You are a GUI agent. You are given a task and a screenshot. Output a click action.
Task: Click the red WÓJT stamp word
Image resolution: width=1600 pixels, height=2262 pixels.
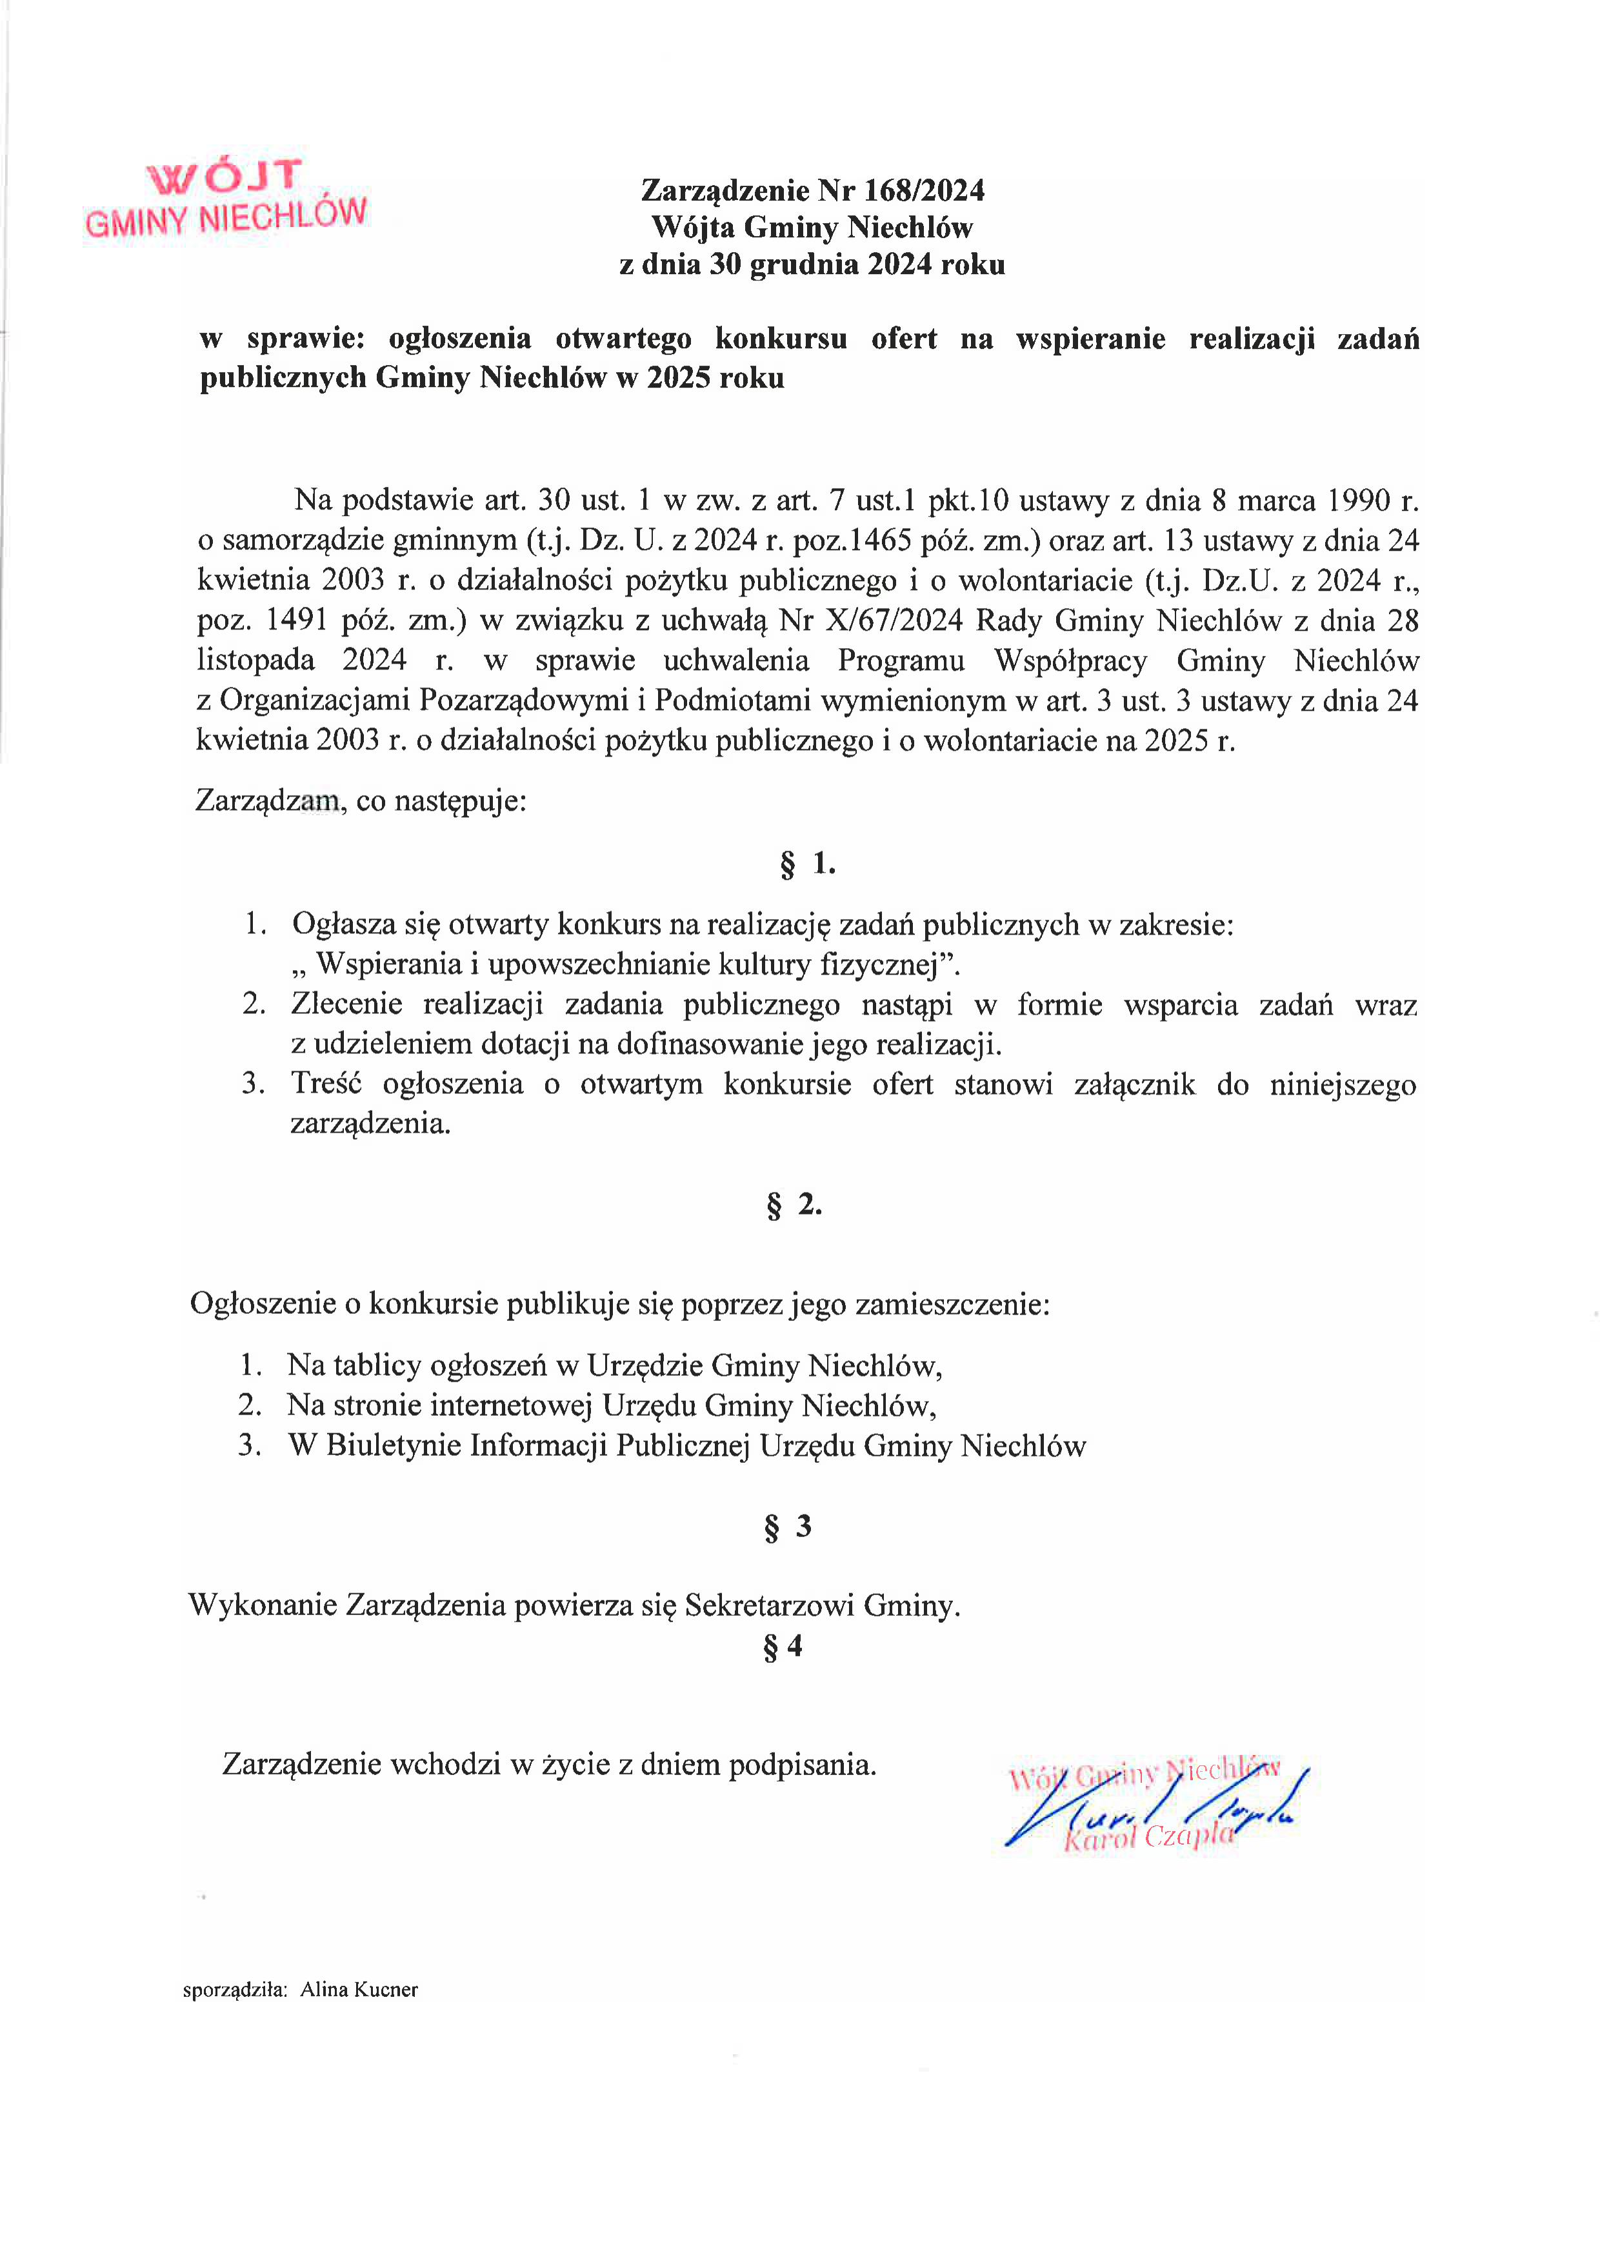(224, 176)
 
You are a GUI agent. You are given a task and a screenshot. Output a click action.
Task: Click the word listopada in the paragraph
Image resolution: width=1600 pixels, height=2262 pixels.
(255, 660)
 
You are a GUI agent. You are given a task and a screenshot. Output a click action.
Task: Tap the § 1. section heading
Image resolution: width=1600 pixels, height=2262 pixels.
(807, 864)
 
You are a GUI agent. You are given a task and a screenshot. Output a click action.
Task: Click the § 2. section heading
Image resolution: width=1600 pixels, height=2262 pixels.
(793, 1205)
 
